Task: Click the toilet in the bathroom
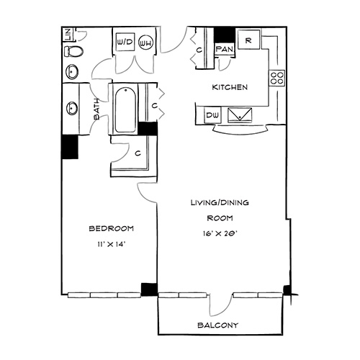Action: point(73,51)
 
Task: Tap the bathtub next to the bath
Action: point(125,110)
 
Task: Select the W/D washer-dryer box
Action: point(125,42)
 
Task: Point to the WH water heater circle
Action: point(145,43)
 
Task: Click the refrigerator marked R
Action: point(248,40)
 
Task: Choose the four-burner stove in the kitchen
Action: point(276,78)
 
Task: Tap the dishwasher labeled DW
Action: point(212,115)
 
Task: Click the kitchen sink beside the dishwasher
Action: point(240,115)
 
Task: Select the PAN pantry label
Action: point(225,50)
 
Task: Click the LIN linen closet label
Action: point(68,35)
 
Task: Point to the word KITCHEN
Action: point(230,87)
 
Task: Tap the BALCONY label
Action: point(218,325)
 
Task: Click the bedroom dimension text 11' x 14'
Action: point(112,244)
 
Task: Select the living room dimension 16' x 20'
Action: point(220,233)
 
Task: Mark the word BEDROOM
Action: point(112,228)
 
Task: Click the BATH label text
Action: point(96,109)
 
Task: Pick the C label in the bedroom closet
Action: point(138,153)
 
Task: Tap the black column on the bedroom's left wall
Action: point(70,147)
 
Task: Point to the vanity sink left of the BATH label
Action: point(72,109)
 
